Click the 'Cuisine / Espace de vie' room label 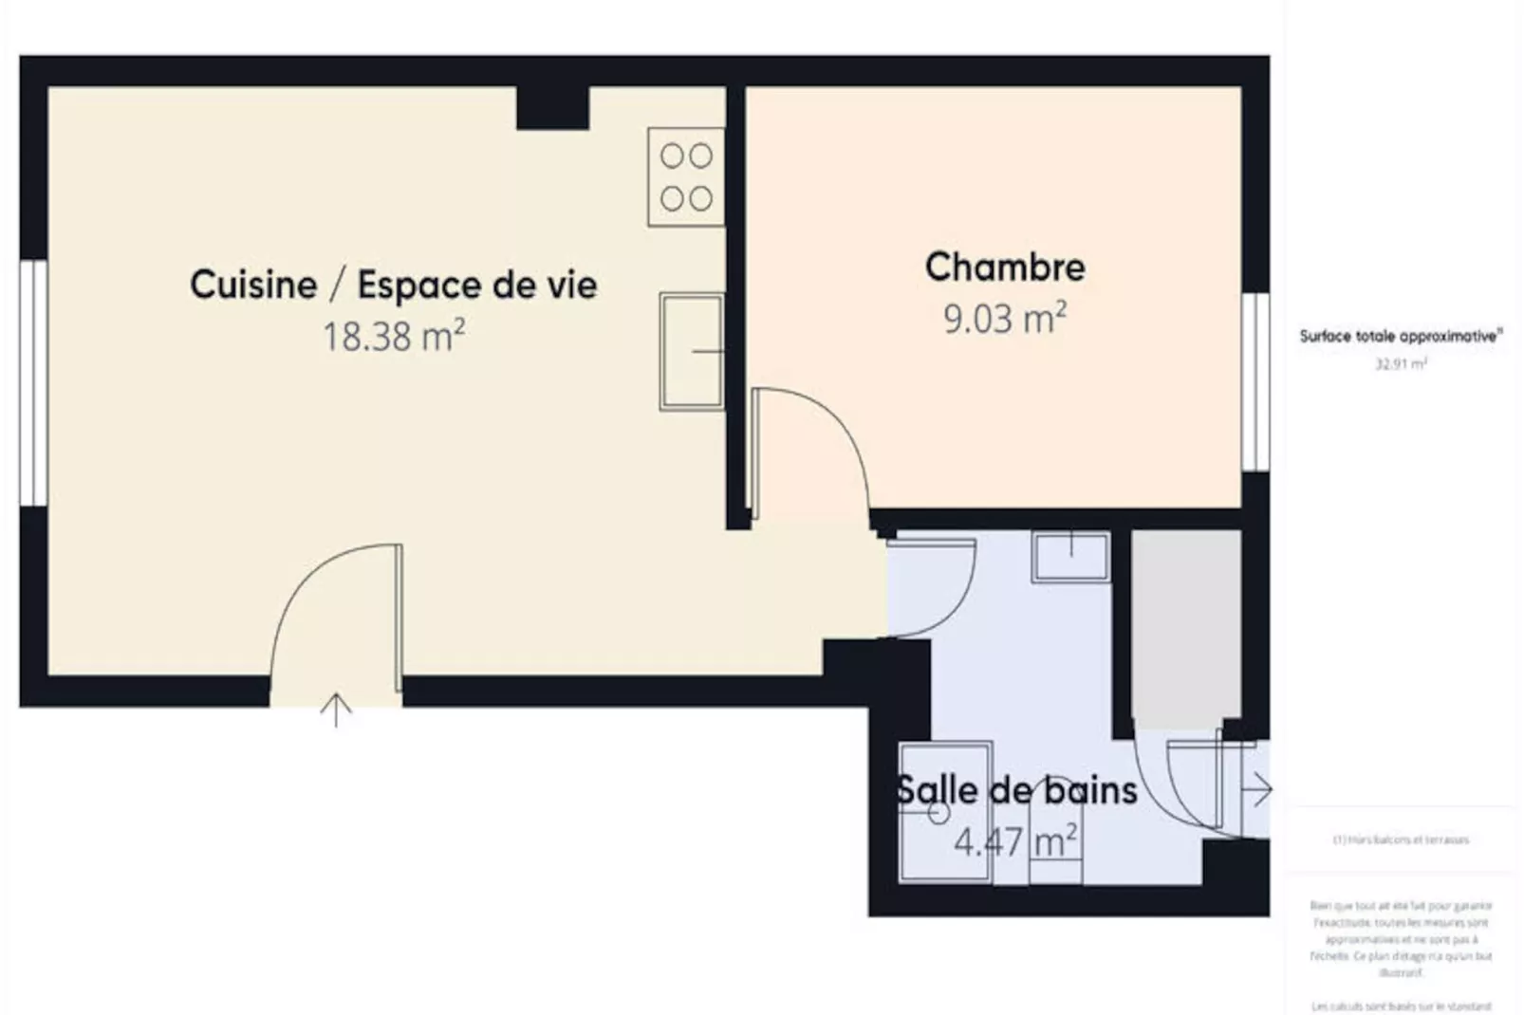[393, 285]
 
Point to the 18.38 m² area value [393, 336]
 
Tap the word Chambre [1005, 267]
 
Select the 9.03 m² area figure [1004, 318]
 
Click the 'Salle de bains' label [1016, 790]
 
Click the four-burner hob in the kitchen [686, 177]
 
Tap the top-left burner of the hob [672, 156]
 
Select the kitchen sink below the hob [692, 351]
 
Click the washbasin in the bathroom [1070, 556]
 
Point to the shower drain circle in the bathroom [939, 813]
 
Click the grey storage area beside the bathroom [1186, 626]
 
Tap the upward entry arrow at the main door [336, 709]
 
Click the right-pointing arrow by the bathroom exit [1259, 789]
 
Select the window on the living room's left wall [34, 382]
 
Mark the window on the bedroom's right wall [1255, 381]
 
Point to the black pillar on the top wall [552, 108]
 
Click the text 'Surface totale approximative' [1400, 336]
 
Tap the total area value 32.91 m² [1401, 363]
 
